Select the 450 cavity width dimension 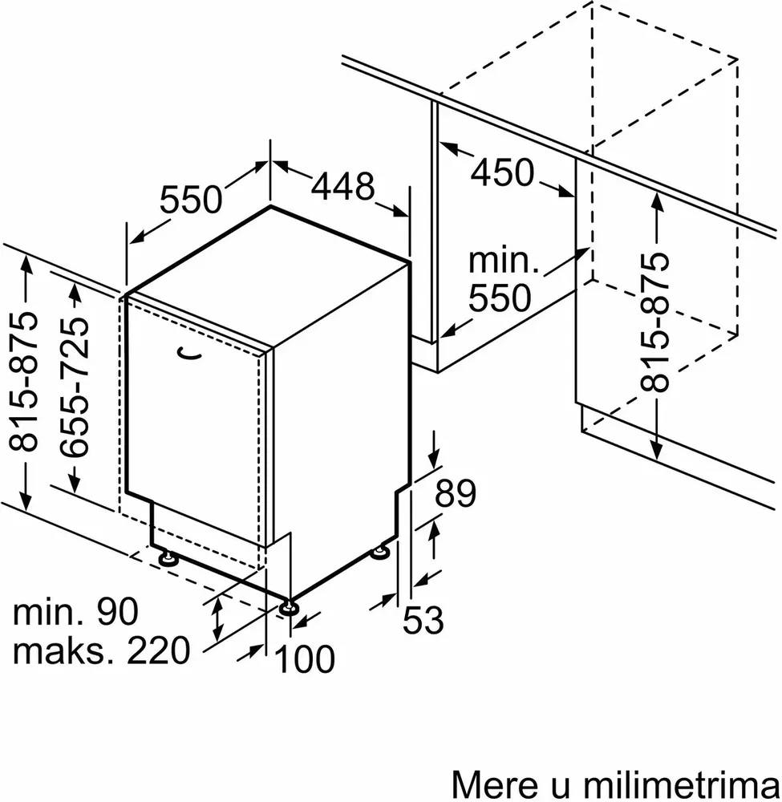(x=502, y=172)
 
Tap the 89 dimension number (x=456, y=493)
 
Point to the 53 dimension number (x=423, y=620)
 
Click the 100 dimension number (x=305, y=658)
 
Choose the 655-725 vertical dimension (x=74, y=387)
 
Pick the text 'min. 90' (x=75, y=611)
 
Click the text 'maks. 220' (x=101, y=651)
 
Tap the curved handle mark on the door (x=188, y=353)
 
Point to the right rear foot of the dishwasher (x=380, y=552)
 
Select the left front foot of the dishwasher (x=168, y=558)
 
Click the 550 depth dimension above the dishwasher (x=191, y=200)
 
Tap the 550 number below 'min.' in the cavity (x=500, y=298)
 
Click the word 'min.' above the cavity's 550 (x=504, y=261)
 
